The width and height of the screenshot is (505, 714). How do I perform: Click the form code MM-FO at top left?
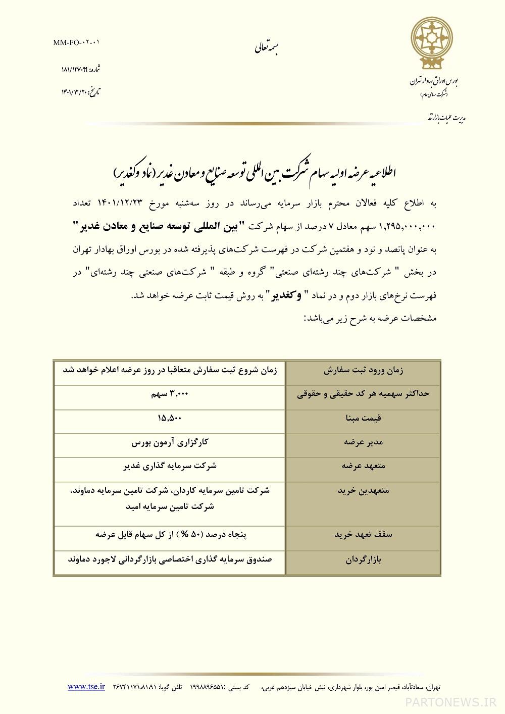76,43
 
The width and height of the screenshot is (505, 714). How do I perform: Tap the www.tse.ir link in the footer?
86,686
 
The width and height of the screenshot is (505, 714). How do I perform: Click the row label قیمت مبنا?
364,418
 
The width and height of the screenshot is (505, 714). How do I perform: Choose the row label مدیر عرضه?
364,442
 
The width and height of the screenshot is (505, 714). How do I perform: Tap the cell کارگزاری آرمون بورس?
170,442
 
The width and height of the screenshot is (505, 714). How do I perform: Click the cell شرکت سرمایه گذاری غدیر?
170,466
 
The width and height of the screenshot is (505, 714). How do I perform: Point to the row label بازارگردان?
364,560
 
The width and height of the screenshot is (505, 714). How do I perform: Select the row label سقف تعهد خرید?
364,534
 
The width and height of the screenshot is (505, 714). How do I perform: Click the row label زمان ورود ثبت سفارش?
364,370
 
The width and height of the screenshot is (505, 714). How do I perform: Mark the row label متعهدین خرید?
364,490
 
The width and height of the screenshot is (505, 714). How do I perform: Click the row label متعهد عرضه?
364,466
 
